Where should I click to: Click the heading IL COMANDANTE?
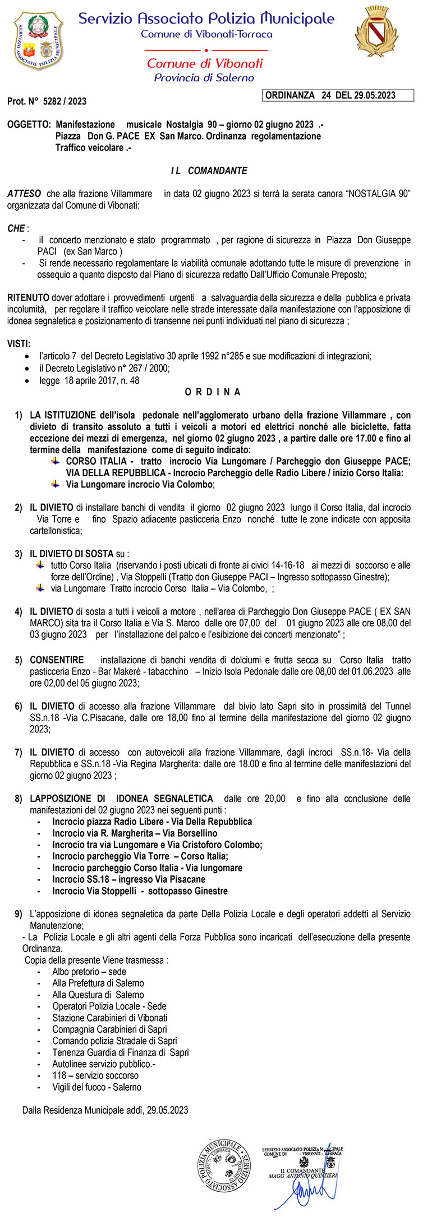point(209,171)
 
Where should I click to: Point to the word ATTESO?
point(24,194)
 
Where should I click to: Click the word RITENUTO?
point(28,298)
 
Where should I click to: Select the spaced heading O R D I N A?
point(213,392)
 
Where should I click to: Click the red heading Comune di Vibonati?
point(204,63)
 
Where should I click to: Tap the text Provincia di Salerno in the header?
point(204,78)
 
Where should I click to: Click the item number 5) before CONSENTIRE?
point(19,660)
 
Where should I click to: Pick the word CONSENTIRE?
point(57,660)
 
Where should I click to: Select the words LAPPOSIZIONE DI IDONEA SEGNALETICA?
point(121,799)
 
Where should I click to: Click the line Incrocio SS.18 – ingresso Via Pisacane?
point(128,879)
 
